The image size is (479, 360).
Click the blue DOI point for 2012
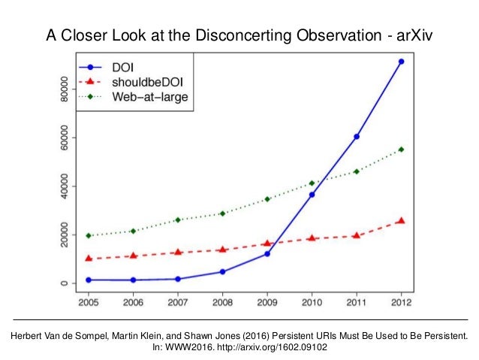401,62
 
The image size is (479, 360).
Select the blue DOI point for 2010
312,195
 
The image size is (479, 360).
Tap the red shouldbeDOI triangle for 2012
401,220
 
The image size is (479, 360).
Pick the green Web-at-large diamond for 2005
89,235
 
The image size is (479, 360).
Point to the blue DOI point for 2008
222,271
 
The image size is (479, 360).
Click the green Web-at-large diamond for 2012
401,150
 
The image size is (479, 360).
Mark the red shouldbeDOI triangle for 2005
89,258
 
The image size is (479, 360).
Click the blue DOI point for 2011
356,137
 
